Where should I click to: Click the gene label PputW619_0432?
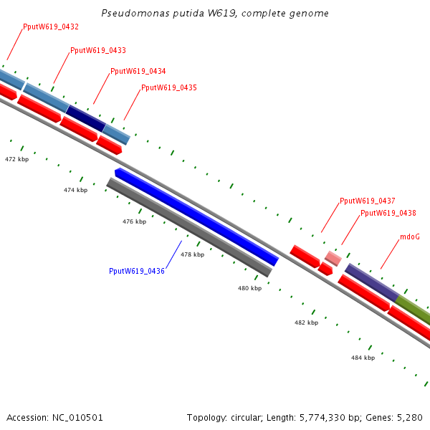pyautogui.click(x=51, y=27)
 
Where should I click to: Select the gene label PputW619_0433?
pyautogui.click(x=98, y=50)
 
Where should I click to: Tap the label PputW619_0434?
pyautogui.click(x=138, y=71)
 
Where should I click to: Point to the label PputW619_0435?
pyautogui.click(x=169, y=87)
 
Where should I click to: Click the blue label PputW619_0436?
pyautogui.click(x=137, y=271)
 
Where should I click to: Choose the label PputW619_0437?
pyautogui.click(x=368, y=201)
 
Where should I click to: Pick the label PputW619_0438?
pyautogui.click(x=388, y=213)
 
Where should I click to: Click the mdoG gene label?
pyautogui.click(x=410, y=236)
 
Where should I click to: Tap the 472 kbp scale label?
pyautogui.click(x=16, y=158)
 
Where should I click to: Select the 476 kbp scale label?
pyautogui.click(x=134, y=221)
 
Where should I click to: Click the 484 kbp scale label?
pyautogui.click(x=363, y=357)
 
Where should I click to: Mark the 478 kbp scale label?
pyautogui.click(x=192, y=254)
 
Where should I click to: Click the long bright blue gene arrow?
pyautogui.click(x=197, y=217)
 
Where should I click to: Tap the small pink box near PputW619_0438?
pyautogui.click(x=333, y=257)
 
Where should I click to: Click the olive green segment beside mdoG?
pyautogui.click(x=414, y=309)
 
